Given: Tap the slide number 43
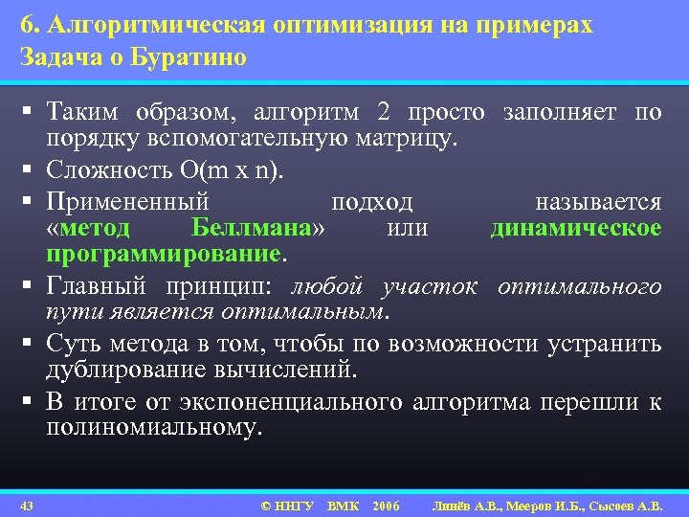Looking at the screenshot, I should (27, 506).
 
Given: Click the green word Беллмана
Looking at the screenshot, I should (252, 230).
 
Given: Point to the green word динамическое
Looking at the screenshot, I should (575, 230).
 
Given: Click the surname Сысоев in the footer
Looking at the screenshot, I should (610, 506).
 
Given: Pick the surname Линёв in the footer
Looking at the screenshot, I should (454, 506).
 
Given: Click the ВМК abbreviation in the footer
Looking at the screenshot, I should (342, 506).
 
